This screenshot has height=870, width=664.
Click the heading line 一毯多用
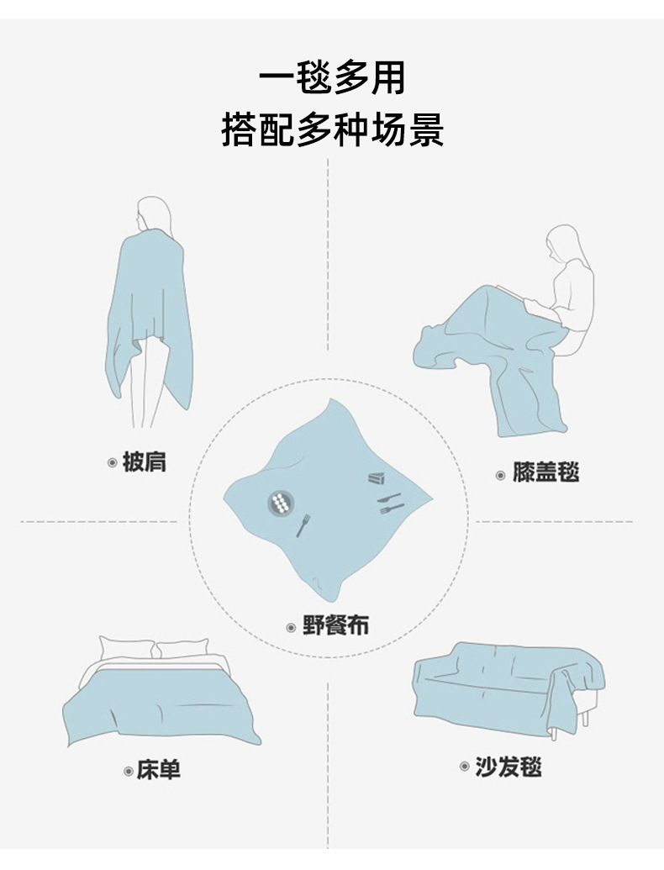pos(332,78)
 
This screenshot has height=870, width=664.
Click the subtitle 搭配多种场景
pos(332,130)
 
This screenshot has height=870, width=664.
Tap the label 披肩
pos(145,461)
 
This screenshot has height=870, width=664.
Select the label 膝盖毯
pos(546,472)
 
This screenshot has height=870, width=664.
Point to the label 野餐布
pos(335,626)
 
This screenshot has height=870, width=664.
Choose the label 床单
pos(159,769)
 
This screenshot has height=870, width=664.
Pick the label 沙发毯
pos(508,767)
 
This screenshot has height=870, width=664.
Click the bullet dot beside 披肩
pos(113,462)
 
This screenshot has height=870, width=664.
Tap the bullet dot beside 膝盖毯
pos(501,475)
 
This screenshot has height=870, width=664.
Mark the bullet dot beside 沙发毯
pos(464,767)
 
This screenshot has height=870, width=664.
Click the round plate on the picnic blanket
pos(281,504)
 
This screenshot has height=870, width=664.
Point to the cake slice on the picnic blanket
pos(376,478)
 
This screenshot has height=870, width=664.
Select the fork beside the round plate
pos(303,525)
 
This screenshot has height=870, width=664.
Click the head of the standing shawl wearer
pos(154,214)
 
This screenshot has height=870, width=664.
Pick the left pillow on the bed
pos(127,647)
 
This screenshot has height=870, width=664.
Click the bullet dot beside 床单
pos(128,770)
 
